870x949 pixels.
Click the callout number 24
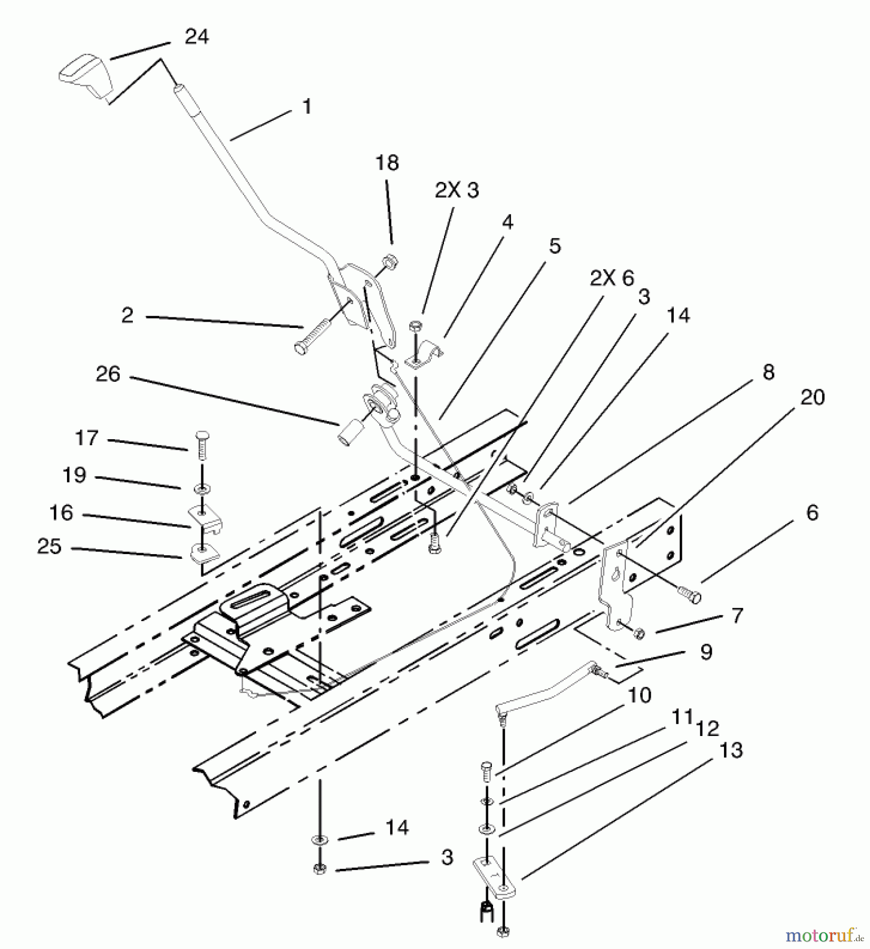click(196, 37)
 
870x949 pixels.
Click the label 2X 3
click(457, 190)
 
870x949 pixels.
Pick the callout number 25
click(50, 547)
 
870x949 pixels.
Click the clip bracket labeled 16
click(206, 517)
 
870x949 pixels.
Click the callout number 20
click(812, 397)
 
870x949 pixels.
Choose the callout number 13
click(731, 750)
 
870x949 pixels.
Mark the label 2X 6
click(612, 278)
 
